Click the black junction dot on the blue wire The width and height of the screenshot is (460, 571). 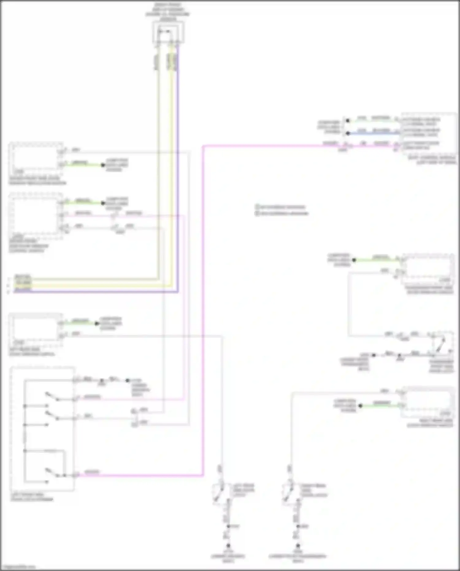click(348, 133)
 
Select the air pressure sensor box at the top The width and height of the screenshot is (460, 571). click(168, 32)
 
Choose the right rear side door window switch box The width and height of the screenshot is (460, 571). click(428, 402)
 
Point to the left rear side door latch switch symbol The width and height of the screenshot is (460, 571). click(219, 491)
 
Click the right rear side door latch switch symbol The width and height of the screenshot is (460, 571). click(288, 491)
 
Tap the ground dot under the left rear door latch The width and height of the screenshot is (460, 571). click(228, 546)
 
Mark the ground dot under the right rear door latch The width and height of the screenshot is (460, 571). click(297, 546)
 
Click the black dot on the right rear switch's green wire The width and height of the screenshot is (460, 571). click(361, 406)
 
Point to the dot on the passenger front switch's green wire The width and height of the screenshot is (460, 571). click(354, 260)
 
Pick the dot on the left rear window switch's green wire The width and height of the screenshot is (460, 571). click(97, 323)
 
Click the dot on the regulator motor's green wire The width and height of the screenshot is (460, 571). click(103, 165)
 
